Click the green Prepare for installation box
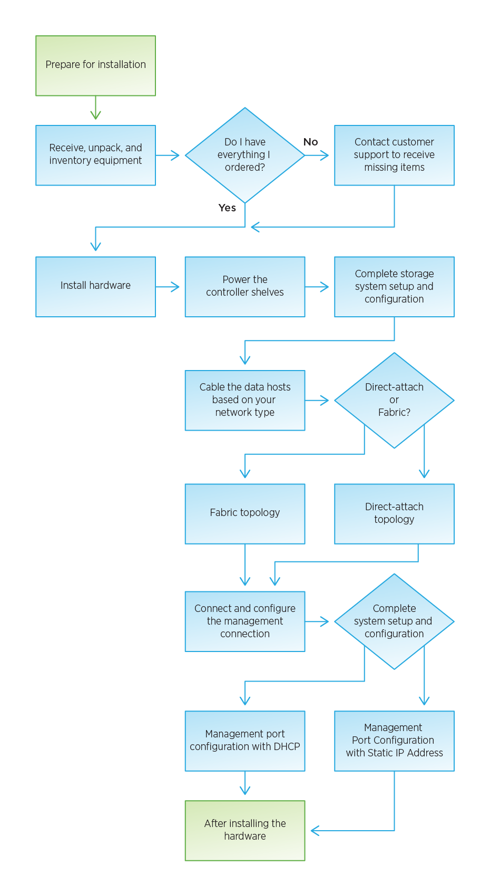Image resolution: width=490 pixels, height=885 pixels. pyautogui.click(x=95, y=65)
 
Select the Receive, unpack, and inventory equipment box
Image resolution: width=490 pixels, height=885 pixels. pyautogui.click(x=95, y=155)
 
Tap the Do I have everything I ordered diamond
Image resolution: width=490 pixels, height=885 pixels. pyautogui.click(x=244, y=155)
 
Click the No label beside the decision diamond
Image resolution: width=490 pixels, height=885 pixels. pyautogui.click(x=310, y=142)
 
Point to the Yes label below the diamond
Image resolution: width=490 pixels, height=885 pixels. pyautogui.click(x=227, y=208)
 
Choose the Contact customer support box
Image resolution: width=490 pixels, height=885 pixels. pyautogui.click(x=394, y=155)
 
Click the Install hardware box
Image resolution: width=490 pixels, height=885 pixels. pyautogui.click(x=95, y=286)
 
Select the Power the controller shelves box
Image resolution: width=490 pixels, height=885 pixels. pyautogui.click(x=244, y=286)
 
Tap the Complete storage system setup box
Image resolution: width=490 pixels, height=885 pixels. pyautogui.click(x=394, y=286)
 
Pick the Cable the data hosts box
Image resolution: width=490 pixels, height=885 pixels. pyautogui.click(x=244, y=400)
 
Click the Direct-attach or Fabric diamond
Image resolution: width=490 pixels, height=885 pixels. pyautogui.click(x=394, y=400)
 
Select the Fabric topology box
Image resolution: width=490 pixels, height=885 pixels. pyautogui.click(x=244, y=513)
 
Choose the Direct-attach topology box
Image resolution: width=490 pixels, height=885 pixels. pyautogui.click(x=394, y=513)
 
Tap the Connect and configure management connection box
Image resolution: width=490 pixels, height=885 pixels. pyautogui.click(x=244, y=621)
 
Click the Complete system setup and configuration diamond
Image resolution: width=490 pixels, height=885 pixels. pyautogui.click(x=394, y=621)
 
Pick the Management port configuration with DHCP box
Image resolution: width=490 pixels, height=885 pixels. pyautogui.click(x=244, y=741)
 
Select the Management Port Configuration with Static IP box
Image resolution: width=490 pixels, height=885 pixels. pyautogui.click(x=394, y=741)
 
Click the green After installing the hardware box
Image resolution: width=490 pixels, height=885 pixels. pyautogui.click(x=244, y=830)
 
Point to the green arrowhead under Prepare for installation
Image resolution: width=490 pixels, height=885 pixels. pyautogui.click(x=95, y=114)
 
